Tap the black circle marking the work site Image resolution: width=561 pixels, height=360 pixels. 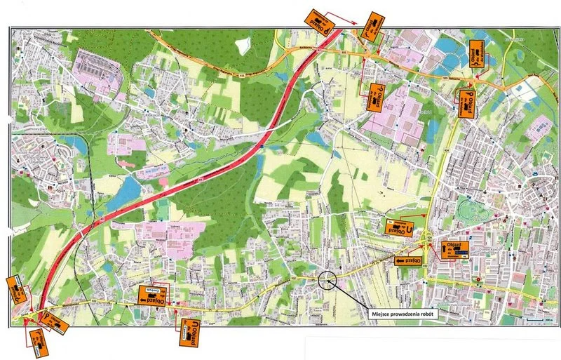(327, 281)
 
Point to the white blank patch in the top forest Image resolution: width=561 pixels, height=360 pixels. (243, 46)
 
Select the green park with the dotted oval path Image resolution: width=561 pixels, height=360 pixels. (471, 210)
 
